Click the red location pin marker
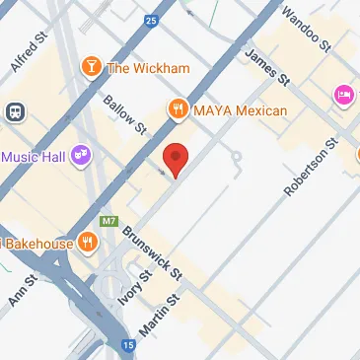click(176, 159)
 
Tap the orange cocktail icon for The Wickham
click(91, 66)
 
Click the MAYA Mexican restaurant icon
click(179, 109)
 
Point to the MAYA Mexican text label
click(240, 110)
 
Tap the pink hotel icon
click(344, 95)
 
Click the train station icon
click(15, 112)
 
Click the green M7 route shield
click(109, 220)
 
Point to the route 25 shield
click(150, 19)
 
